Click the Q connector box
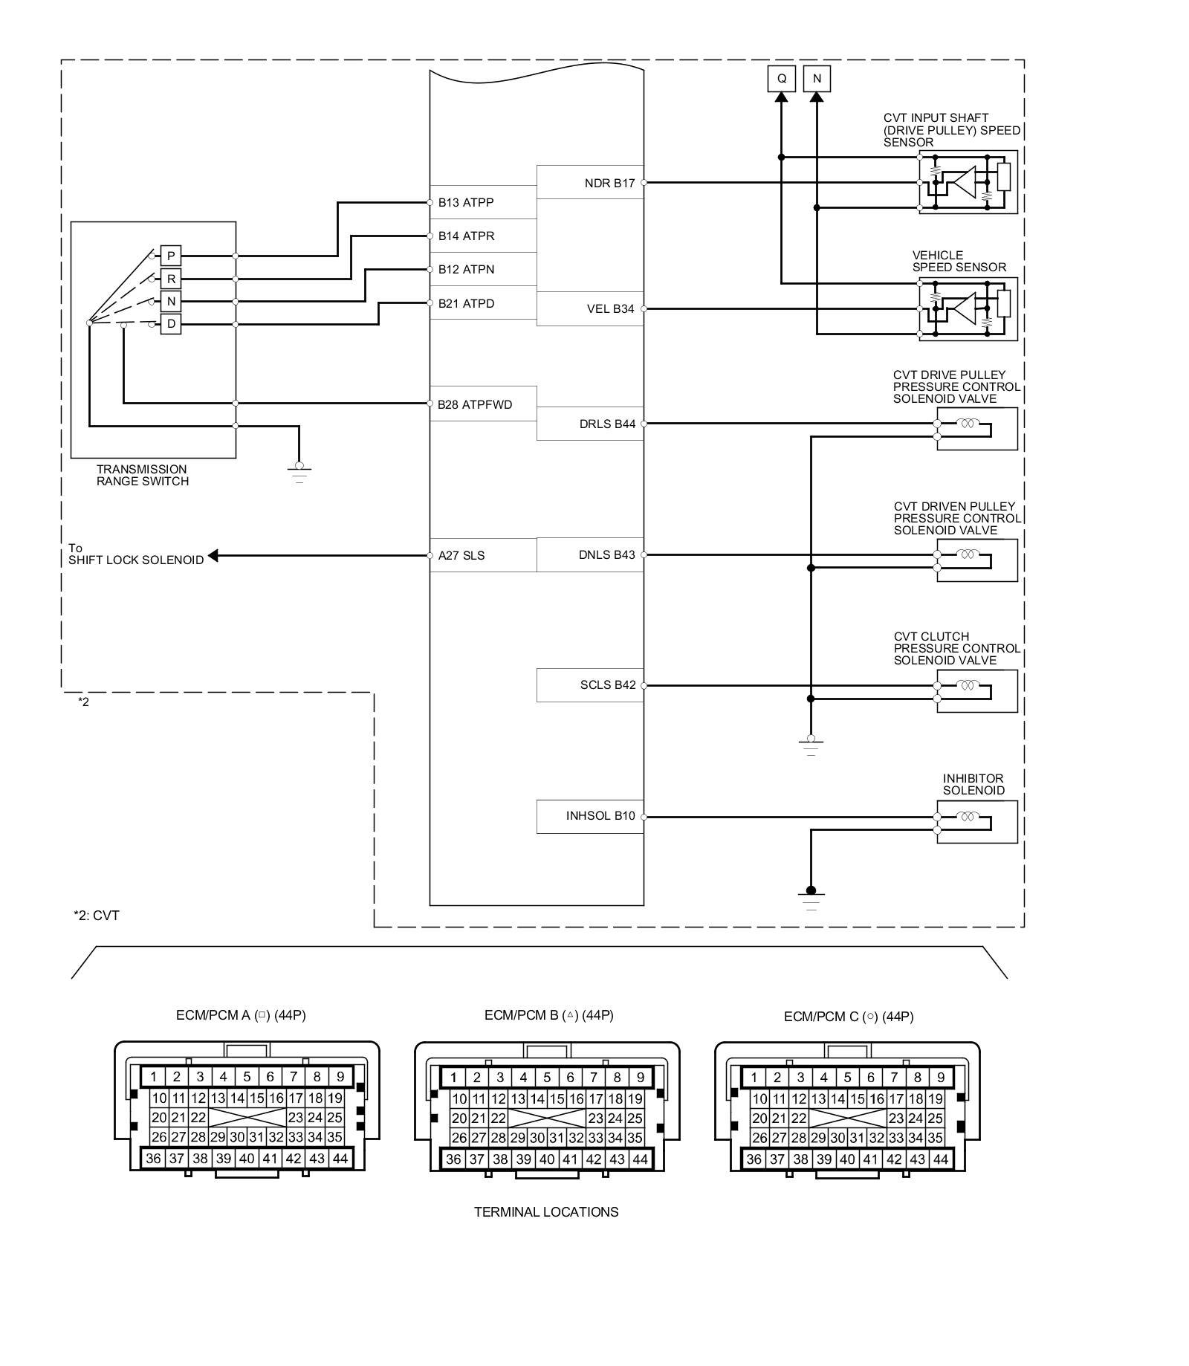coord(781,78)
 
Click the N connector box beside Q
coord(817,78)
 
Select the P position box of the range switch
coord(171,256)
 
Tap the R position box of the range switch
coord(171,279)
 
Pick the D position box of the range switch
coord(171,324)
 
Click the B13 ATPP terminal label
coord(466,202)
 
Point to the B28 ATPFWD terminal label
coord(475,404)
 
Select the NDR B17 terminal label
coord(609,183)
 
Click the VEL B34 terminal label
coord(610,308)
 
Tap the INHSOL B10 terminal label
coord(600,816)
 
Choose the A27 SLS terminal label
coord(461,555)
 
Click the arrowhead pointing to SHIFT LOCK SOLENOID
coord(213,555)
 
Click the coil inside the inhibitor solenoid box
coord(967,817)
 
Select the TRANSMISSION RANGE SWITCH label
coord(143,475)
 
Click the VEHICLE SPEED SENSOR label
coord(959,261)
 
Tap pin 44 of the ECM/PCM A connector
coord(340,1158)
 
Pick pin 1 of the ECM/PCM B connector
coord(453,1077)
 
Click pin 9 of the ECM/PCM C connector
coord(941,1077)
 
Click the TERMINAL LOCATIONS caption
coord(546,1212)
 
